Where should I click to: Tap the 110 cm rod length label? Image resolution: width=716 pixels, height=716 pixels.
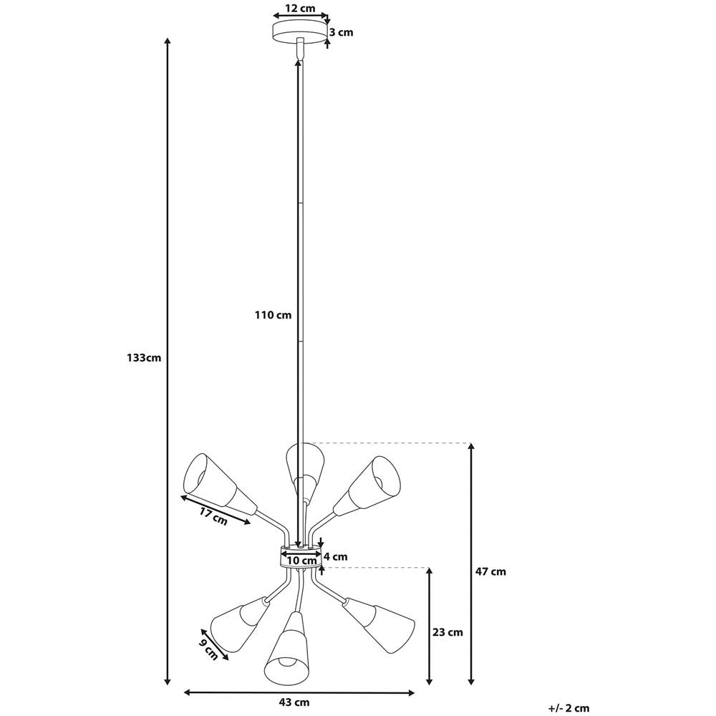pos(273,314)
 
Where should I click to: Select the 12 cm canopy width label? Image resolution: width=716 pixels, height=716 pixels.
pos(301,9)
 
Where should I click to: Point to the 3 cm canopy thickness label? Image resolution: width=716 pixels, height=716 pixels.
pos(341,32)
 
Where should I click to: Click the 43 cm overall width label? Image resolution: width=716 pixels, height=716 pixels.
pos(294,702)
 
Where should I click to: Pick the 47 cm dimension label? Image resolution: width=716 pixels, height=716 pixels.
pos(491,571)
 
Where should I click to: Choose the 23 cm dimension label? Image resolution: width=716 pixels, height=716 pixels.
pos(448,632)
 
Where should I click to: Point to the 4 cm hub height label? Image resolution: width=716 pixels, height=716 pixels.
pos(336,556)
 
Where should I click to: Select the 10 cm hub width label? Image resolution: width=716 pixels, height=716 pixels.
pos(301,560)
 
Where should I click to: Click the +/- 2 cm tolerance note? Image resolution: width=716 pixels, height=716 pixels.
pos(569,708)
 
